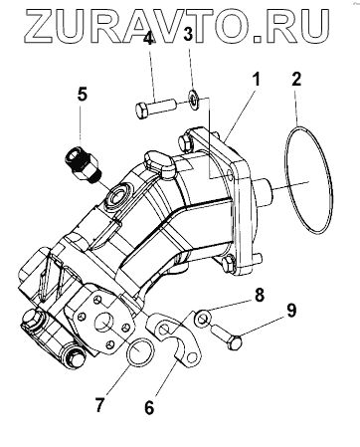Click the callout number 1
(256, 80)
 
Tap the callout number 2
(296, 80)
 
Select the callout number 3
(188, 34)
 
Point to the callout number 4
(148, 38)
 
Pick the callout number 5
(83, 94)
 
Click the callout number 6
(149, 407)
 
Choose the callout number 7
(99, 404)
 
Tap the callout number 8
(259, 295)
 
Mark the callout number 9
(291, 311)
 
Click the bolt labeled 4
(155, 108)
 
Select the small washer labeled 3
(193, 98)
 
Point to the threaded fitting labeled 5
(84, 163)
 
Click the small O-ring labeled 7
(140, 351)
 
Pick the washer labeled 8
(202, 319)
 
